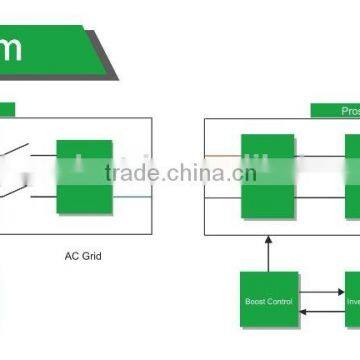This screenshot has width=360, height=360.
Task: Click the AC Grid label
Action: click(x=83, y=256)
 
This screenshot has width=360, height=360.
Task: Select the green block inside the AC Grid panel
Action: click(x=84, y=175)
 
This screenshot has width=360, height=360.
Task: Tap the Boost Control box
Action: click(x=267, y=300)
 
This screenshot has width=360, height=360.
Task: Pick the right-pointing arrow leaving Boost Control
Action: click(x=321, y=292)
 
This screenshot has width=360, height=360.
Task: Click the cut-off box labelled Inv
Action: click(x=352, y=300)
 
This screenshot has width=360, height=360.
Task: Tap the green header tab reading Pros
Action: click(x=335, y=110)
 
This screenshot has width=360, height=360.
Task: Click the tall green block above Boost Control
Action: click(x=267, y=176)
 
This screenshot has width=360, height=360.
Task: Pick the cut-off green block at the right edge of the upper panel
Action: click(x=352, y=176)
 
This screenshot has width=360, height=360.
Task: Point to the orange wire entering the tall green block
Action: click(x=223, y=156)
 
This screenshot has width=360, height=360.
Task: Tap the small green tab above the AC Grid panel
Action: click(x=6, y=110)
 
